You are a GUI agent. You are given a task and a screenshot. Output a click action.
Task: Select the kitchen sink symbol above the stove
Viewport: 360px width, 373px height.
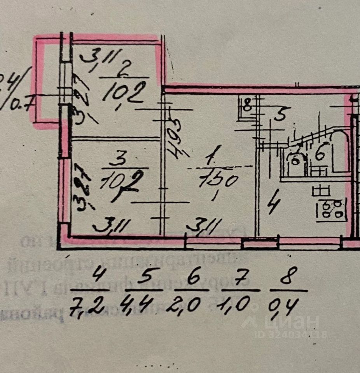[321, 190]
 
